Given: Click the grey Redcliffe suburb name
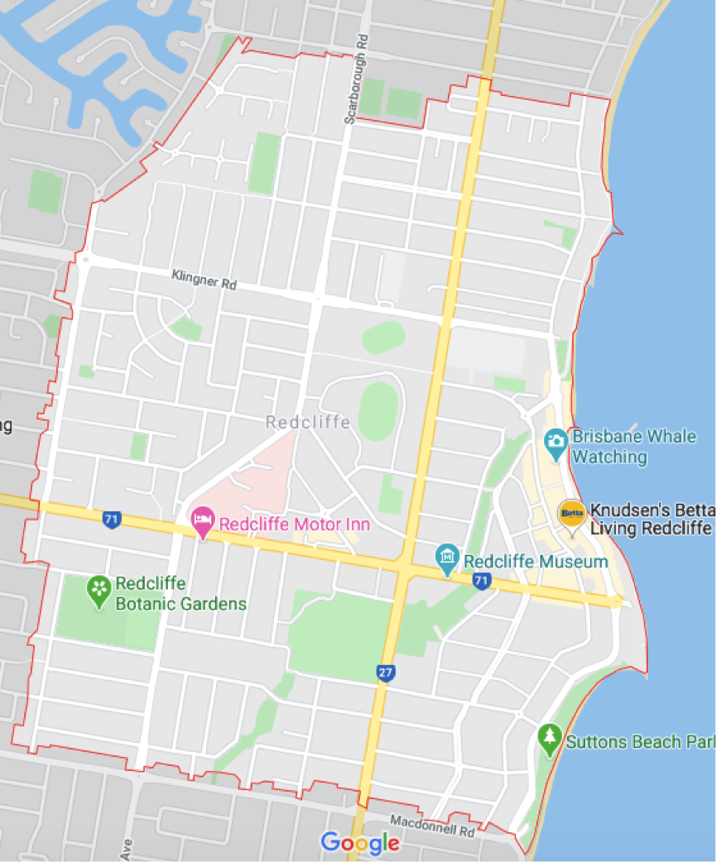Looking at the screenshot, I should [x=308, y=423].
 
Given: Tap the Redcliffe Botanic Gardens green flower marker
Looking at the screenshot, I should [x=99, y=590].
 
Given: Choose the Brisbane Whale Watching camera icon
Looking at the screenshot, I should [x=555, y=439].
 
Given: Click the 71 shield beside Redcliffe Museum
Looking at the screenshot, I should [x=481, y=582].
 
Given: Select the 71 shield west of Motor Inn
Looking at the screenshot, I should [x=112, y=520].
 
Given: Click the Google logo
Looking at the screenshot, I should [x=360, y=843].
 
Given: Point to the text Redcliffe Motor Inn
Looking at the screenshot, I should [x=294, y=524].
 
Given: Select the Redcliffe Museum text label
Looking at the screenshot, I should [x=536, y=562].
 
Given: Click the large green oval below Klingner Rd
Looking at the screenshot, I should [x=377, y=411].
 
